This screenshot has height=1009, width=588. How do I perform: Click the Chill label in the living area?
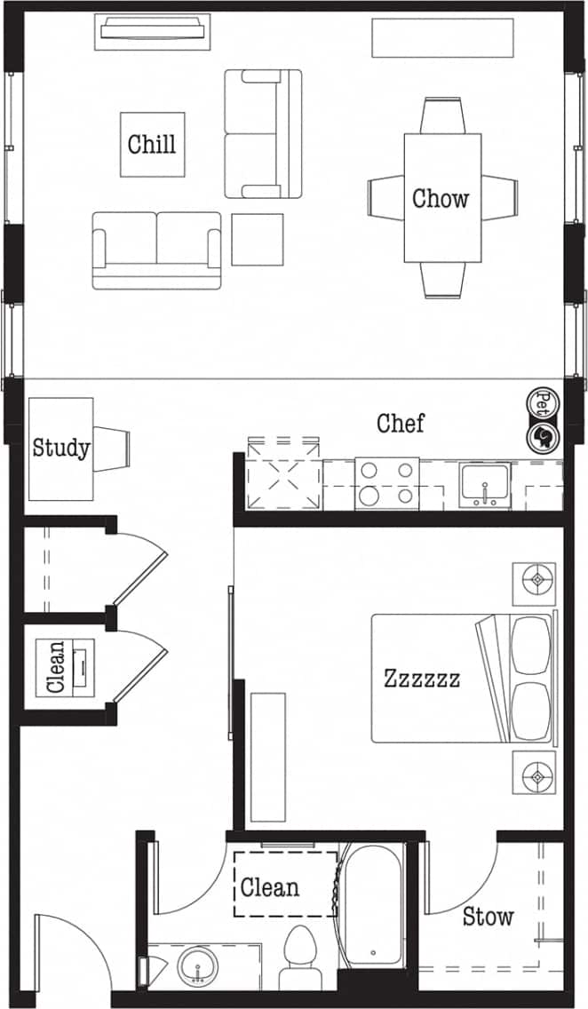(152, 144)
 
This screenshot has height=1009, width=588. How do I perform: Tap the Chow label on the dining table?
(441, 198)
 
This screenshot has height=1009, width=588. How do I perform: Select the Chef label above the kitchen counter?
(401, 424)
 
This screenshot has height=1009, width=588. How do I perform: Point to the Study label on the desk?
(60, 448)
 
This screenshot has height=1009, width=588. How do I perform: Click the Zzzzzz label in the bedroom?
(422, 679)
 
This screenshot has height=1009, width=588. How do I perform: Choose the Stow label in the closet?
(488, 917)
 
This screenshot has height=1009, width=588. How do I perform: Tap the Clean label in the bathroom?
(270, 887)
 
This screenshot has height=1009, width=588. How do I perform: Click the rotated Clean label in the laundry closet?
(56, 666)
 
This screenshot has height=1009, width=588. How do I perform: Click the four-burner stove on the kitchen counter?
(387, 483)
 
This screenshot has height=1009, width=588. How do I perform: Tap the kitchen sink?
(485, 484)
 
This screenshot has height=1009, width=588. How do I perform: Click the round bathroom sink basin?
(196, 965)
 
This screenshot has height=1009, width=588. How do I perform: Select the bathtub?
(372, 906)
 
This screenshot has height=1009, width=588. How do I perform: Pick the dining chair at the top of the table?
(442, 115)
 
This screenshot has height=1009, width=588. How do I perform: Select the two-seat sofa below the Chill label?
(157, 249)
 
